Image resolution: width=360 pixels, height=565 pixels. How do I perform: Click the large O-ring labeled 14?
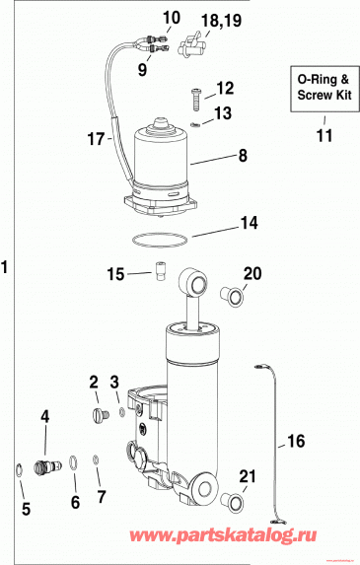pos(157,238)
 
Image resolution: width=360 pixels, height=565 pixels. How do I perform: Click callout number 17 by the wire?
pos(96,140)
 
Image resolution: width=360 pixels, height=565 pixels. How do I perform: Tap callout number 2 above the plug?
pos(94,382)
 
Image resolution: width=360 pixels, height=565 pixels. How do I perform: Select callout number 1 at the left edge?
pos(8,266)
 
